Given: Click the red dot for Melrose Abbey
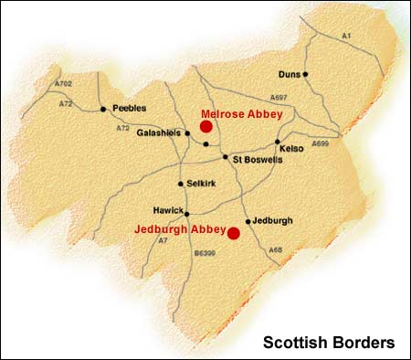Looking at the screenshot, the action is [206, 127].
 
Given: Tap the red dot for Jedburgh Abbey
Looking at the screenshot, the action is [234, 233].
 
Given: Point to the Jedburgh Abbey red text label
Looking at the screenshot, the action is [179, 229].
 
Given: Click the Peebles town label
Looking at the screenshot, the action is [129, 108].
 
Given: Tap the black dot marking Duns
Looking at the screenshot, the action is [306, 74].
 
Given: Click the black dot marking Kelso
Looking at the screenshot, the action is [278, 142].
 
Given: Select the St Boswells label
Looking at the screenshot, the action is [258, 159].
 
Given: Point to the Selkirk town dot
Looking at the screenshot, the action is [181, 183].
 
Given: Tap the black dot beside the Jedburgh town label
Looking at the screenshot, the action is [248, 221].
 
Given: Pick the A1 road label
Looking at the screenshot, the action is [345, 35].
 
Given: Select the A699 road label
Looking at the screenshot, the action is [320, 143].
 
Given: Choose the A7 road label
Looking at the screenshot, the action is [163, 239].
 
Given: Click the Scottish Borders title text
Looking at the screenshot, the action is [329, 344].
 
